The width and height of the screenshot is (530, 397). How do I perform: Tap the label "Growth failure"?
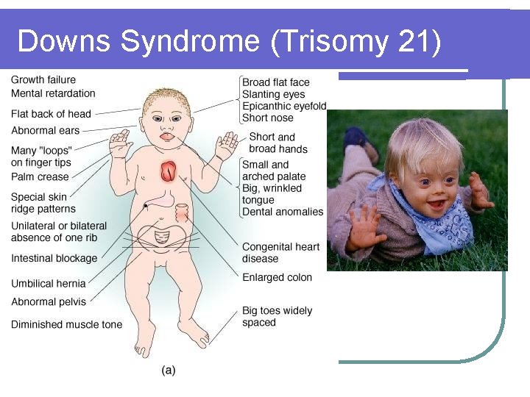(43, 79)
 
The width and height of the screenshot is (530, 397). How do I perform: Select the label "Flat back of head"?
(51, 114)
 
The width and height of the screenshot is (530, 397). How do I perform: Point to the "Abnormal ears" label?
(45, 131)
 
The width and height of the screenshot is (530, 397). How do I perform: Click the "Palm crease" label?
(40, 176)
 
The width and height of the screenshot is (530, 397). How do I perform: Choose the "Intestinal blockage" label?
(54, 258)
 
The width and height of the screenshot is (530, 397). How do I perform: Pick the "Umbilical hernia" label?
(49, 283)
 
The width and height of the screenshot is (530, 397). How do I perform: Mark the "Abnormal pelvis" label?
(49, 301)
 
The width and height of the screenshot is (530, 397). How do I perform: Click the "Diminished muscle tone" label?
(66, 324)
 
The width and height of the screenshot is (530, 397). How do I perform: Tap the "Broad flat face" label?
(276, 82)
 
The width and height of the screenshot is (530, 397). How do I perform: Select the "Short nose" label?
(268, 118)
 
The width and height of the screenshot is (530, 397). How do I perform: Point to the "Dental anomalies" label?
(283, 212)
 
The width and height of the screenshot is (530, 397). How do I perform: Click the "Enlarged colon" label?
(277, 277)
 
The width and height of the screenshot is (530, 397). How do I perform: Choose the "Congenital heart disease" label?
(280, 253)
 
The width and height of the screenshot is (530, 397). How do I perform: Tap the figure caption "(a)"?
(169, 371)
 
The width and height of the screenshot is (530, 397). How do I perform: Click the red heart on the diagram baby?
(169, 171)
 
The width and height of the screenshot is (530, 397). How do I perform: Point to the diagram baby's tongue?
(167, 137)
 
